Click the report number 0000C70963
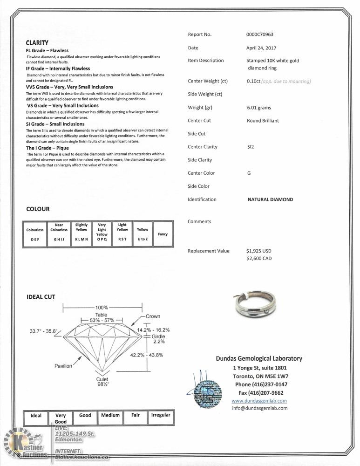click(x=260, y=34)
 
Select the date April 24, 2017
click(x=261, y=48)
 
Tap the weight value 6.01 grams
click(x=258, y=108)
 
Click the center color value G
click(x=249, y=173)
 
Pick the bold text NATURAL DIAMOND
click(x=270, y=199)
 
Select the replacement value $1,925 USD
click(x=258, y=251)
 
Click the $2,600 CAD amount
click(x=258, y=259)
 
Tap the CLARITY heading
click(x=37, y=42)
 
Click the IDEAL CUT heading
click(x=41, y=297)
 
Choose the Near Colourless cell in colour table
click(x=59, y=233)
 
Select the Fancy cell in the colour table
click(x=163, y=234)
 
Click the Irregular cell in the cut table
click(x=161, y=415)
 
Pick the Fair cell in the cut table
click(x=136, y=415)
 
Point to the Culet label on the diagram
click(x=102, y=379)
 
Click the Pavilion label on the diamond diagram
click(x=63, y=366)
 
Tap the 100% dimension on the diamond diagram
click(x=102, y=308)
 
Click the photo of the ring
click(x=254, y=305)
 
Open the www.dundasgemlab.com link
click(x=259, y=401)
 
